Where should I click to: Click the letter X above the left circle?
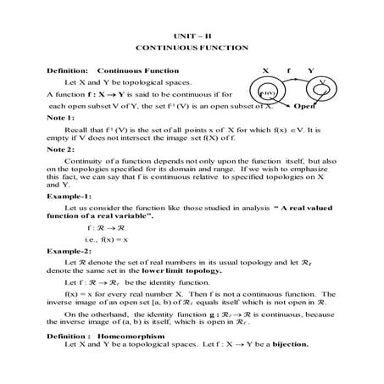(264, 69)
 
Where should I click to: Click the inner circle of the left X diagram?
(264, 95)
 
